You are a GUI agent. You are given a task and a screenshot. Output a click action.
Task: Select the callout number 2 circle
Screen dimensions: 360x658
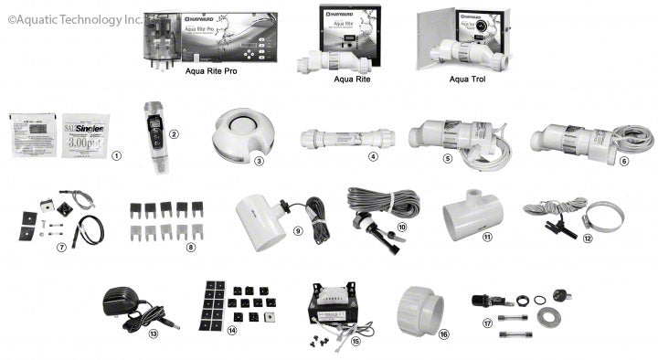pos(174,134)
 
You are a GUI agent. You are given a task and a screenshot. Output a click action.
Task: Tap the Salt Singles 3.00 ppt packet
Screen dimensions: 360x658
pos(85,134)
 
